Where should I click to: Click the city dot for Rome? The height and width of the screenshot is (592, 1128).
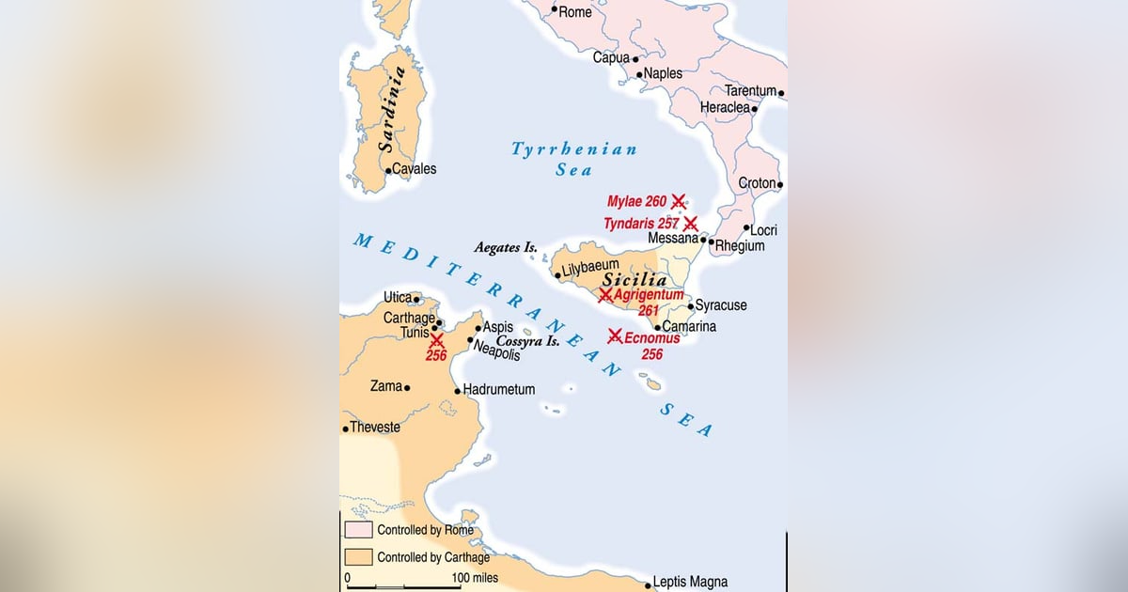[555, 12]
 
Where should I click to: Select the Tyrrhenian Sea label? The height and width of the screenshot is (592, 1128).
[573, 159]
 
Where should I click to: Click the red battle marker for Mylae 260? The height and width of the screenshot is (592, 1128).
[678, 201]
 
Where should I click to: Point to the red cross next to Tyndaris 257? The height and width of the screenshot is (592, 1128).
[690, 224]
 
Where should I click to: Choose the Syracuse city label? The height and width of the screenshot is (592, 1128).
[721, 305]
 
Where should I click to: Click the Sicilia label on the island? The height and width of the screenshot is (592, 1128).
[634, 280]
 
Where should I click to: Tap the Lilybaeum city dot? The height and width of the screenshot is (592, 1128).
[557, 275]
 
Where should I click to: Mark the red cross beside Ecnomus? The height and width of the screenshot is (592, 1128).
[615, 335]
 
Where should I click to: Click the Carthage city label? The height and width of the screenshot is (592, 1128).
[409, 318]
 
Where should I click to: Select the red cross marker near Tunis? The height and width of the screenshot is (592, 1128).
[436, 339]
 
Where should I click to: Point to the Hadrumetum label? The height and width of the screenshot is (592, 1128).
[499, 389]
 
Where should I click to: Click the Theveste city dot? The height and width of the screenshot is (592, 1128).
[345, 428]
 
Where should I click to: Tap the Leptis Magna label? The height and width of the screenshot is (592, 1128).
[692, 582]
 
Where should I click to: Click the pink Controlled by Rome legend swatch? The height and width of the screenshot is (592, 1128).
[358, 530]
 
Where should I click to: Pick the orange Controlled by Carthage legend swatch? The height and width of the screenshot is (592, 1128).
[358, 556]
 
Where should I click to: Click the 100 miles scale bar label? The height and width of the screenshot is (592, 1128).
[475, 578]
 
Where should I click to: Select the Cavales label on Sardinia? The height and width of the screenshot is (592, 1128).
[414, 169]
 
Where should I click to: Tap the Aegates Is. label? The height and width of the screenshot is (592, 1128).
[506, 247]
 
